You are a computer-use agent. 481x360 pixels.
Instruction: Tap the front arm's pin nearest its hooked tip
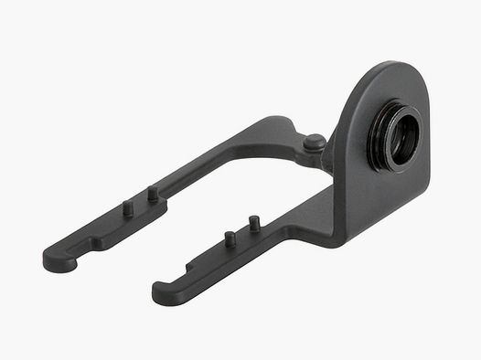click(230, 238)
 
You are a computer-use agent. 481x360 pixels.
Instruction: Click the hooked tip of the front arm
click(165, 294)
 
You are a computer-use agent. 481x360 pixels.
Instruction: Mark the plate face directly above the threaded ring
click(393, 91)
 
